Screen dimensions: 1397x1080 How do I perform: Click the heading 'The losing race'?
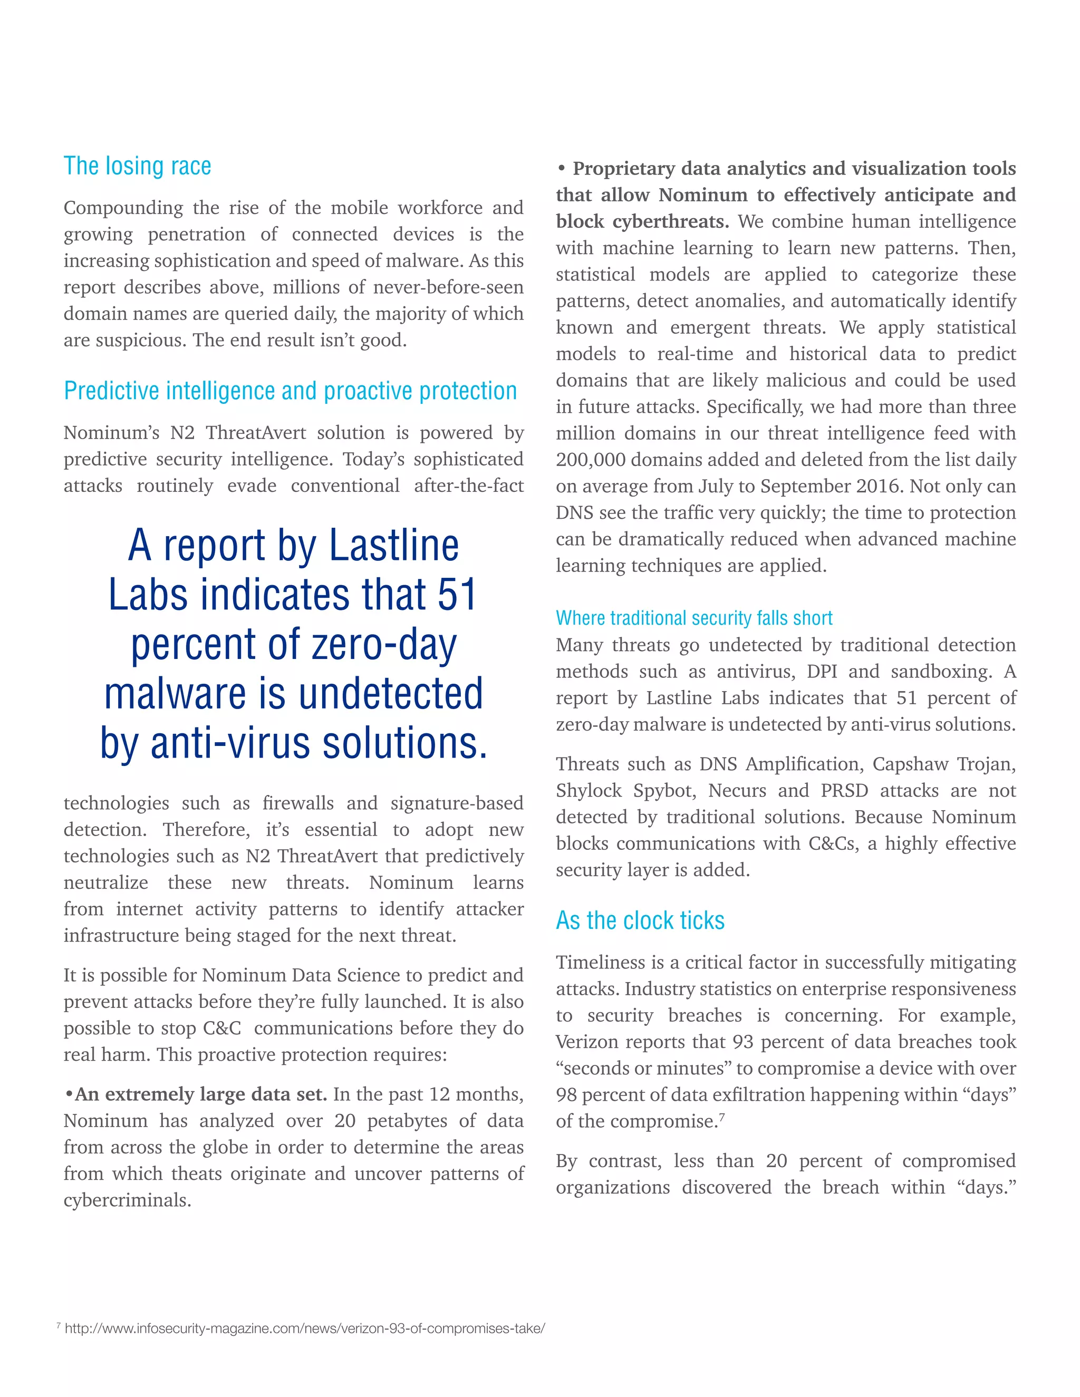coord(137,166)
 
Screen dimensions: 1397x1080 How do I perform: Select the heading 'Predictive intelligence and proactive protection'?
coord(290,391)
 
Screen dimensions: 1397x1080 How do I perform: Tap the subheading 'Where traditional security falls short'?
coord(693,618)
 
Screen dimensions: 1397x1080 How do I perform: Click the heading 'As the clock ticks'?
coord(640,920)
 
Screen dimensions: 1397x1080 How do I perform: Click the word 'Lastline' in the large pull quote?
coord(393,546)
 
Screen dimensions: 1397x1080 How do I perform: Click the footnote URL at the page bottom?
coord(305,1328)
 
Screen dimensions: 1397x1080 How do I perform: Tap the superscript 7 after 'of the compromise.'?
coord(722,1116)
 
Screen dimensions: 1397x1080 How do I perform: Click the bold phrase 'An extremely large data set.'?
coord(200,1094)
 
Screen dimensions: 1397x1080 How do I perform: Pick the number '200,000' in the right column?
coord(592,460)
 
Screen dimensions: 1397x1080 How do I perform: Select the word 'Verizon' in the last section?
coord(587,1042)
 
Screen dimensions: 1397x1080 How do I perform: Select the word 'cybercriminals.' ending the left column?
coord(127,1200)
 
